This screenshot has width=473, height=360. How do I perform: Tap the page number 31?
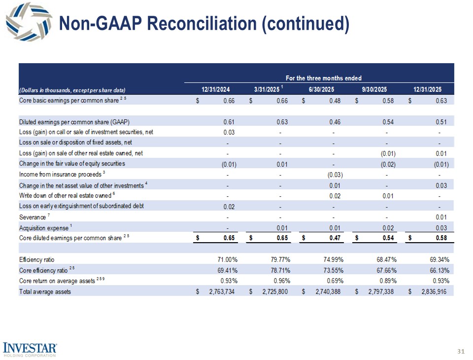461,352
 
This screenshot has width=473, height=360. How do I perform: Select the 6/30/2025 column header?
321,90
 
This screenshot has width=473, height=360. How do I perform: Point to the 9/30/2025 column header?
375,90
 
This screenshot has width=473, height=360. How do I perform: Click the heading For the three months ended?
323,78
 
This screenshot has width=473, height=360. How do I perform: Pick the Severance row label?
32,217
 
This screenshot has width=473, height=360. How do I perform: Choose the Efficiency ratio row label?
36,259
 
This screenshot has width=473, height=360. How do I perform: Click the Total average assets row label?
44,291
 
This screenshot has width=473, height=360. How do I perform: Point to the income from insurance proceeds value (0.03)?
335,175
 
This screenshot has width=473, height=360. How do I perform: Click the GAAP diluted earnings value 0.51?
441,122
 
